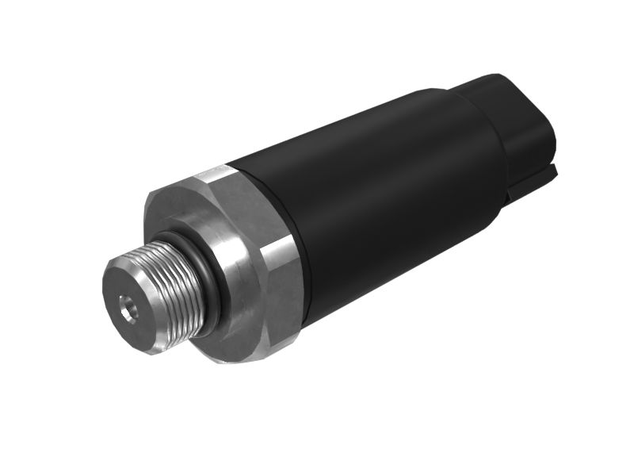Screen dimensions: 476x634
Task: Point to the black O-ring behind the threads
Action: tap(208, 262)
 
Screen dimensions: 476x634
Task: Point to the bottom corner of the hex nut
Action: tap(230, 361)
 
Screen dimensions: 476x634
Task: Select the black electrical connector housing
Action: tap(515, 127)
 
